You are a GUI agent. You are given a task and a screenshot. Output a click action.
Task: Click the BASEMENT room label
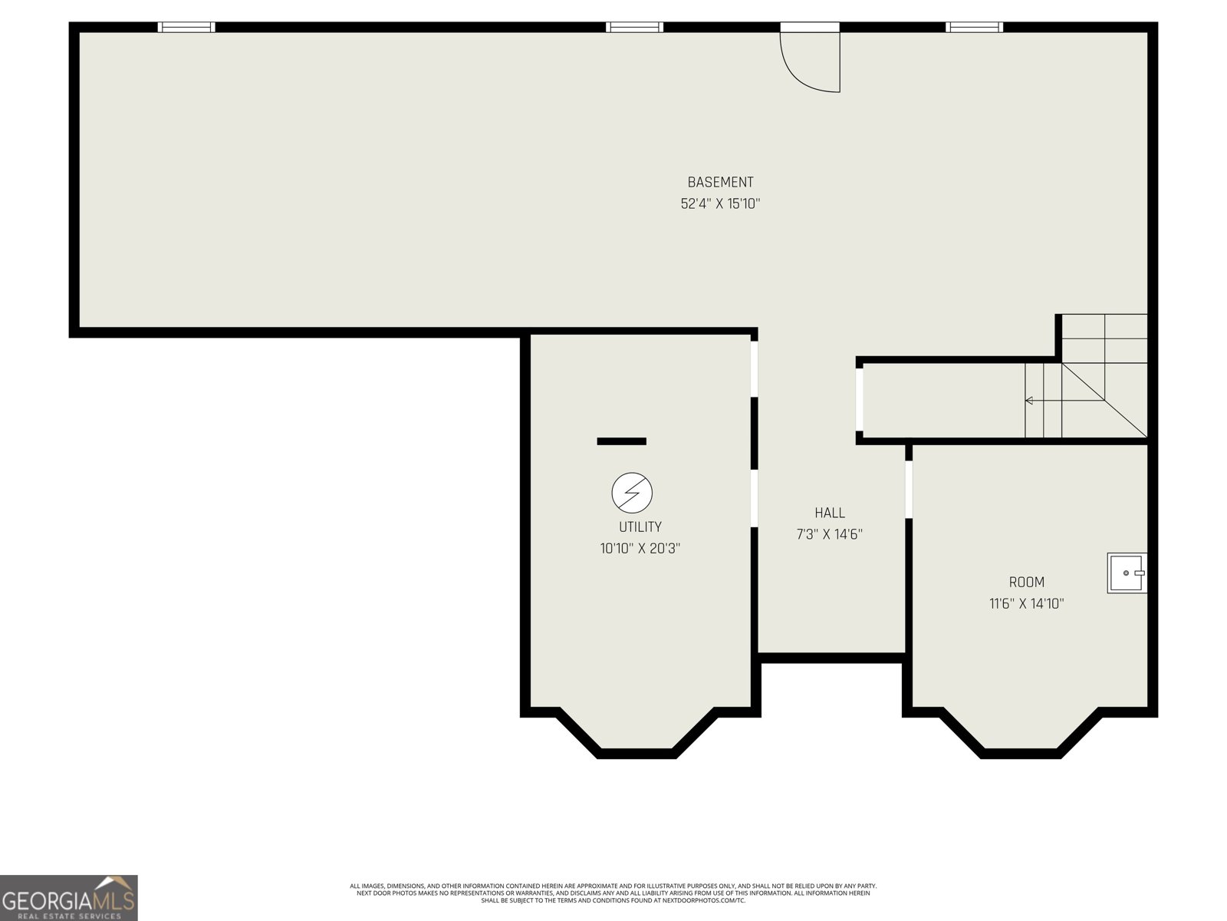click(720, 183)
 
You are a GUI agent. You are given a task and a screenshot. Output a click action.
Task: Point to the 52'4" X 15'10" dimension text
click(720, 203)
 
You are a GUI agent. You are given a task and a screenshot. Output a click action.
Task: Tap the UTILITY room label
click(640, 527)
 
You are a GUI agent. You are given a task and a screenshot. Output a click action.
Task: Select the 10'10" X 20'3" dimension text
click(640, 549)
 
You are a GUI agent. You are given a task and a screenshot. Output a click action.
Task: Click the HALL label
click(830, 513)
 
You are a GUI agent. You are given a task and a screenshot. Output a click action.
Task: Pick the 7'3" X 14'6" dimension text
click(830, 535)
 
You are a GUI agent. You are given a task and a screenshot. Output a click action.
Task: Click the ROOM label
click(1026, 582)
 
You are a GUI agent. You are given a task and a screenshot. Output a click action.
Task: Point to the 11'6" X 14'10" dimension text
click(1026, 604)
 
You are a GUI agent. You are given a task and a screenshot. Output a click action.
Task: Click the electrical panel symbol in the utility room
click(632, 493)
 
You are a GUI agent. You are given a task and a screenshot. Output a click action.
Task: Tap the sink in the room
click(1127, 573)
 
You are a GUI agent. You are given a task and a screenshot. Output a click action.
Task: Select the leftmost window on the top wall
click(186, 27)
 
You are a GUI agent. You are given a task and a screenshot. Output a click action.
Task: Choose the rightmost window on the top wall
click(975, 27)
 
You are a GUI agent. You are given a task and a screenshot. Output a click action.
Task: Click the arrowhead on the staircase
click(1028, 401)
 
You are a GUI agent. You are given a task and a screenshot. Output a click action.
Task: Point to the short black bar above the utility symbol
click(622, 441)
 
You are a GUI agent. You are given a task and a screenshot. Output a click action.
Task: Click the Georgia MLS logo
click(69, 897)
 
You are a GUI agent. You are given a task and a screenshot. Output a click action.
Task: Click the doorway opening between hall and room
click(909, 490)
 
